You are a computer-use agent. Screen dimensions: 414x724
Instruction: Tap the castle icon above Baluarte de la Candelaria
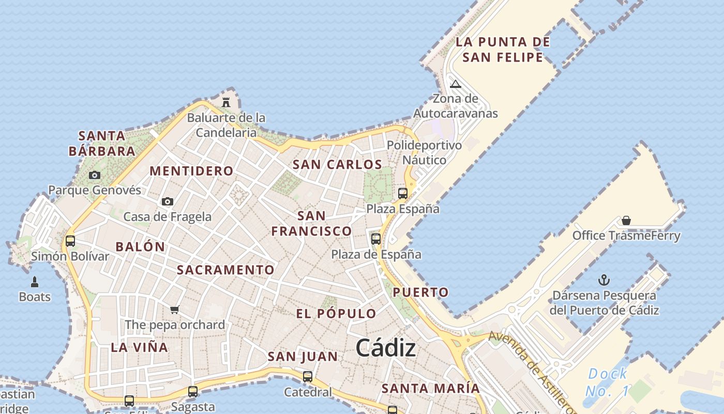point(226,102)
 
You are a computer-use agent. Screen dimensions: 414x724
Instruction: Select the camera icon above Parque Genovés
point(94,175)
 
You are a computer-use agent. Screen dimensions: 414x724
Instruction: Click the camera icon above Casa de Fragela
point(167,201)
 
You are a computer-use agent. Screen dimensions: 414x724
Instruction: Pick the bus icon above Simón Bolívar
point(70,241)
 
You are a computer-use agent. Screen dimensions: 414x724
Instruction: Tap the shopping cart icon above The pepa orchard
point(175,309)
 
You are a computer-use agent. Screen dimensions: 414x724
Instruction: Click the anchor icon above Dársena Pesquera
point(604,280)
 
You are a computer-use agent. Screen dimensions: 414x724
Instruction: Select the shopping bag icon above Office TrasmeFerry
point(626,220)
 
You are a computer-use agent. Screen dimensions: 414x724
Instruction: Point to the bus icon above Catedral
point(308,377)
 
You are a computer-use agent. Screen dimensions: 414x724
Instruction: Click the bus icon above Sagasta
point(193,392)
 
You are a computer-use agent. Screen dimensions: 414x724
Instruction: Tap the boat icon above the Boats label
point(35,282)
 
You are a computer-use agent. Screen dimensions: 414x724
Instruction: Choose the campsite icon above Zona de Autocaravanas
point(455,84)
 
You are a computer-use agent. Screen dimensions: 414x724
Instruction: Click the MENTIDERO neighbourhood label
point(191,171)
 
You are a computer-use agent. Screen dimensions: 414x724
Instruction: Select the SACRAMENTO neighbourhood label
point(225,270)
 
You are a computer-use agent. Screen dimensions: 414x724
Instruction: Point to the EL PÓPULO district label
point(336,313)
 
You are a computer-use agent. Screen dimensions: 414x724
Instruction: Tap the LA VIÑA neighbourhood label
point(139,347)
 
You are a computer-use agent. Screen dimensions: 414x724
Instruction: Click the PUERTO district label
point(421,292)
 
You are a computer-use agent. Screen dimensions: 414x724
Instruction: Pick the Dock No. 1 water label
point(608,382)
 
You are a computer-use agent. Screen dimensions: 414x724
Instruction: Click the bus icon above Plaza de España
point(376,239)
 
